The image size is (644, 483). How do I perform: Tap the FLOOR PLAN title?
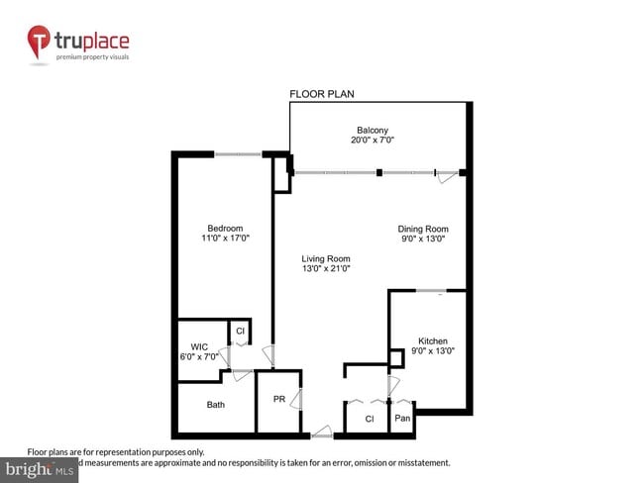[322, 94]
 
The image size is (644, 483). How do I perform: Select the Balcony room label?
[373, 130]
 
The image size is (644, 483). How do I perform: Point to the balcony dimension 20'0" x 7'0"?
[373, 141]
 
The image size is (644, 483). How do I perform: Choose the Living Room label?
[326, 257]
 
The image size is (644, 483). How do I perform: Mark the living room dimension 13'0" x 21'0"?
[326, 268]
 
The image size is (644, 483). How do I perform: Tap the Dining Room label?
[423, 229]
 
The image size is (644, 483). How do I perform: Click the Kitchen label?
[432, 338]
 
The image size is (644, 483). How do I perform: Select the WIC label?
[199, 346]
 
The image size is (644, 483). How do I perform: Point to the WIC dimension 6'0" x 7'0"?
[199, 356]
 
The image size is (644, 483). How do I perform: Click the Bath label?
[215, 405]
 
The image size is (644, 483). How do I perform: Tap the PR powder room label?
[279, 400]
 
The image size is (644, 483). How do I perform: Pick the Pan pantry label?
[401, 419]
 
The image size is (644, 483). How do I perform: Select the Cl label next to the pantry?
[369, 419]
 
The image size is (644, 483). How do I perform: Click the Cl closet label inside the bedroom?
[240, 331]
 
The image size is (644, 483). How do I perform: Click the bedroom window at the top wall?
[239, 154]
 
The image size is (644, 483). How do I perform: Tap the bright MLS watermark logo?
[40, 469]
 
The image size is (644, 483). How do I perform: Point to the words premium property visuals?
[93, 57]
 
